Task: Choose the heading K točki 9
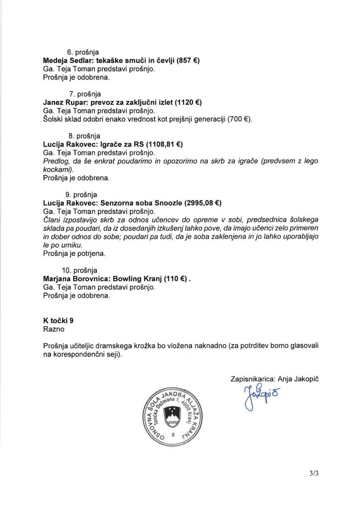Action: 59,321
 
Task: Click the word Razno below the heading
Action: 54,329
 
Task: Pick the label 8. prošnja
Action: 84,136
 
